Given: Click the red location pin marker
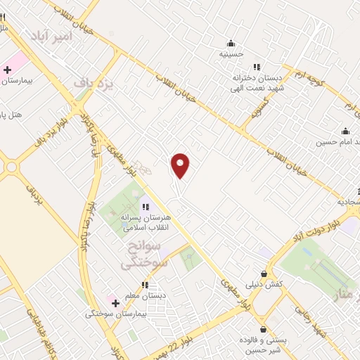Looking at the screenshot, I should (181, 166).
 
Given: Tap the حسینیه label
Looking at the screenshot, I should (231, 53).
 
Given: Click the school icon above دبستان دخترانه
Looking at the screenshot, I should (257, 67).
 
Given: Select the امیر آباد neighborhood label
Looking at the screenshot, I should (48, 35).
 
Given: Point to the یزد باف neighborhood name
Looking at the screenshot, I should (94, 82).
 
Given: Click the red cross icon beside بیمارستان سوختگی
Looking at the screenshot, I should (115, 302).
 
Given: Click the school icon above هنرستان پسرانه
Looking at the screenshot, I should (146, 207).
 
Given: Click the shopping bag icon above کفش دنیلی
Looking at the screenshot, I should (264, 274).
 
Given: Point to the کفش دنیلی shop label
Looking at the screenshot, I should (263, 285).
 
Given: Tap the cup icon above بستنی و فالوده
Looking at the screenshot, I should (263, 328).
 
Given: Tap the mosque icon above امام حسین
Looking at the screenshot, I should (345, 131).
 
